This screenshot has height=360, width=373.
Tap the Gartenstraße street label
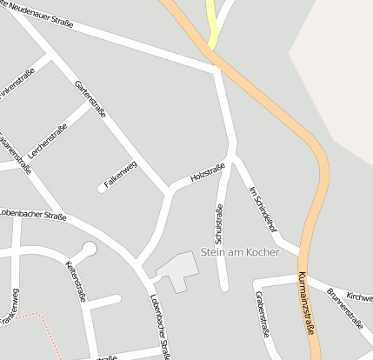click(x=91, y=98)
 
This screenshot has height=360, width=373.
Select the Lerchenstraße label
click(x=48, y=137)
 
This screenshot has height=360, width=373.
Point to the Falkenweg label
click(x=121, y=175)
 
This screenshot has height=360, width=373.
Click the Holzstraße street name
click(x=208, y=173)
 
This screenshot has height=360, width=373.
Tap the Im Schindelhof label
click(x=262, y=208)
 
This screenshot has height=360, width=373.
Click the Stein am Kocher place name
click(x=240, y=252)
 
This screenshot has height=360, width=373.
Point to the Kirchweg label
click(x=359, y=297)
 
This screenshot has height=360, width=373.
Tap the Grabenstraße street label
click(x=262, y=314)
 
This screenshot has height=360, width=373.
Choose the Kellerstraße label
click(x=76, y=280)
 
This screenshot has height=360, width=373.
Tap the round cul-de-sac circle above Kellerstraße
click(x=89, y=249)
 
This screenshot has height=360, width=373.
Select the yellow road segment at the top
click(x=212, y=22)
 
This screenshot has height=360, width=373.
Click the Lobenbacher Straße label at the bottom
click(x=160, y=326)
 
